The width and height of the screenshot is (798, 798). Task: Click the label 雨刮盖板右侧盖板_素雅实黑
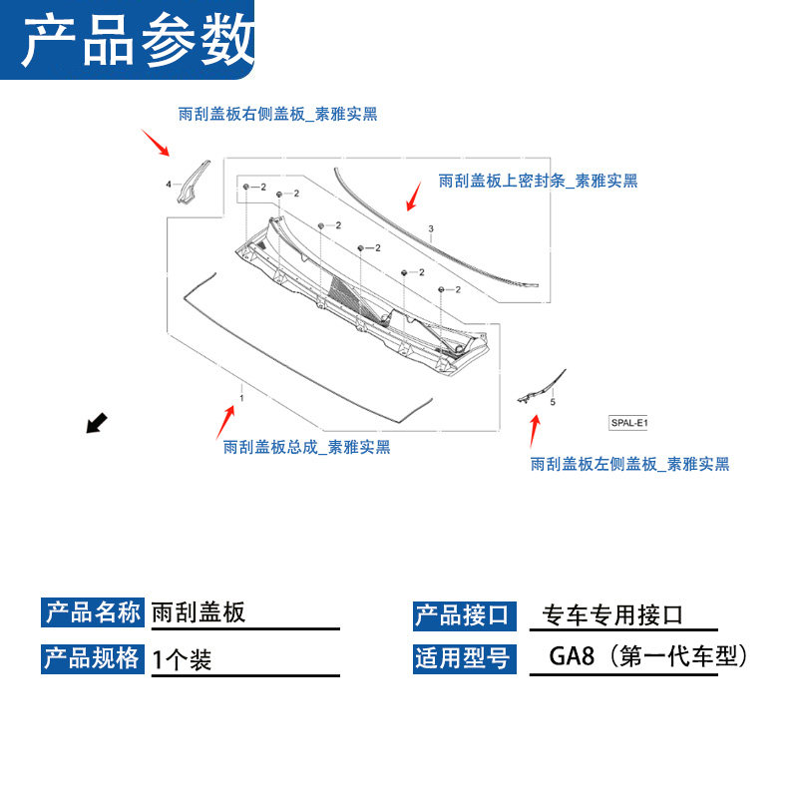point(277,115)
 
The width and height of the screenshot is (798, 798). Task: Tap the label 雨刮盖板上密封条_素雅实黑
point(538,181)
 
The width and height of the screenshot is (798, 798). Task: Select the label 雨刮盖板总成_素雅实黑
point(307,447)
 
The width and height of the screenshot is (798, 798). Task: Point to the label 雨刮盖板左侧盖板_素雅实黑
point(629,464)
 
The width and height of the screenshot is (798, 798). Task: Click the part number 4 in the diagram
point(169,184)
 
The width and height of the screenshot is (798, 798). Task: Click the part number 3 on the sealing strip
point(431,229)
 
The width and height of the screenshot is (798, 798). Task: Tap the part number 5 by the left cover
point(553,402)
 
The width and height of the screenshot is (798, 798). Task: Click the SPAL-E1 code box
point(628,423)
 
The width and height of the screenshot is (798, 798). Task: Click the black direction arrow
point(97,424)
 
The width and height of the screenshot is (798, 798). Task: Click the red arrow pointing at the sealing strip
point(412,195)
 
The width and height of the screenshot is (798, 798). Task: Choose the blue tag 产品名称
point(94,612)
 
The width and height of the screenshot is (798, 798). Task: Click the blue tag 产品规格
point(94,658)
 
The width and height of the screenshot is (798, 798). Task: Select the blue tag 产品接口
point(462,615)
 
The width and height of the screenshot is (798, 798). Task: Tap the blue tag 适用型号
point(462,658)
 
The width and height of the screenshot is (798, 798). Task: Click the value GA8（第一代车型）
point(647,657)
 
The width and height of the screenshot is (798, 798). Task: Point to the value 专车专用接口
point(612,615)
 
